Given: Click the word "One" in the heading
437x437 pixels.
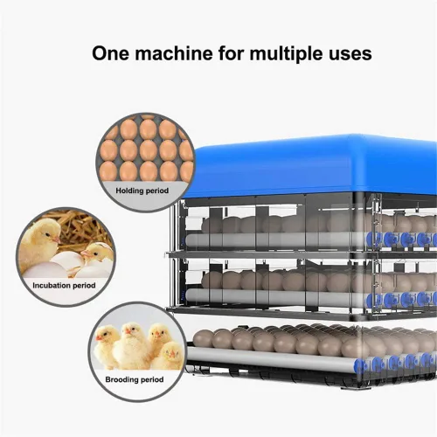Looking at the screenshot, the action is point(111,53).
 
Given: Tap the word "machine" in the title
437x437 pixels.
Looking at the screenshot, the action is point(174,53).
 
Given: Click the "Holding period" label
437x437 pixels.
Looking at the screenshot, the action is point(142,191).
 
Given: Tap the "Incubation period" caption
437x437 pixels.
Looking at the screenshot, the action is point(64,285).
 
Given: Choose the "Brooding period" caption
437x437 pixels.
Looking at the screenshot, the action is point(135,379).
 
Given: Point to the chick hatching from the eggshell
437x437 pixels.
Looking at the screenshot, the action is point(95,253).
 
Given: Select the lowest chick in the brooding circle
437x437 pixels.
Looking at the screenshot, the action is point(169,356).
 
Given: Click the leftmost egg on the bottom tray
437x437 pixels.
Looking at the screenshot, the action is point(204,339).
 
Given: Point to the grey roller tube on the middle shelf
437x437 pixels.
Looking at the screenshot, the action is point(271,295).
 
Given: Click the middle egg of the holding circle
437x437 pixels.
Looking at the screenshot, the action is point(148,150).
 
